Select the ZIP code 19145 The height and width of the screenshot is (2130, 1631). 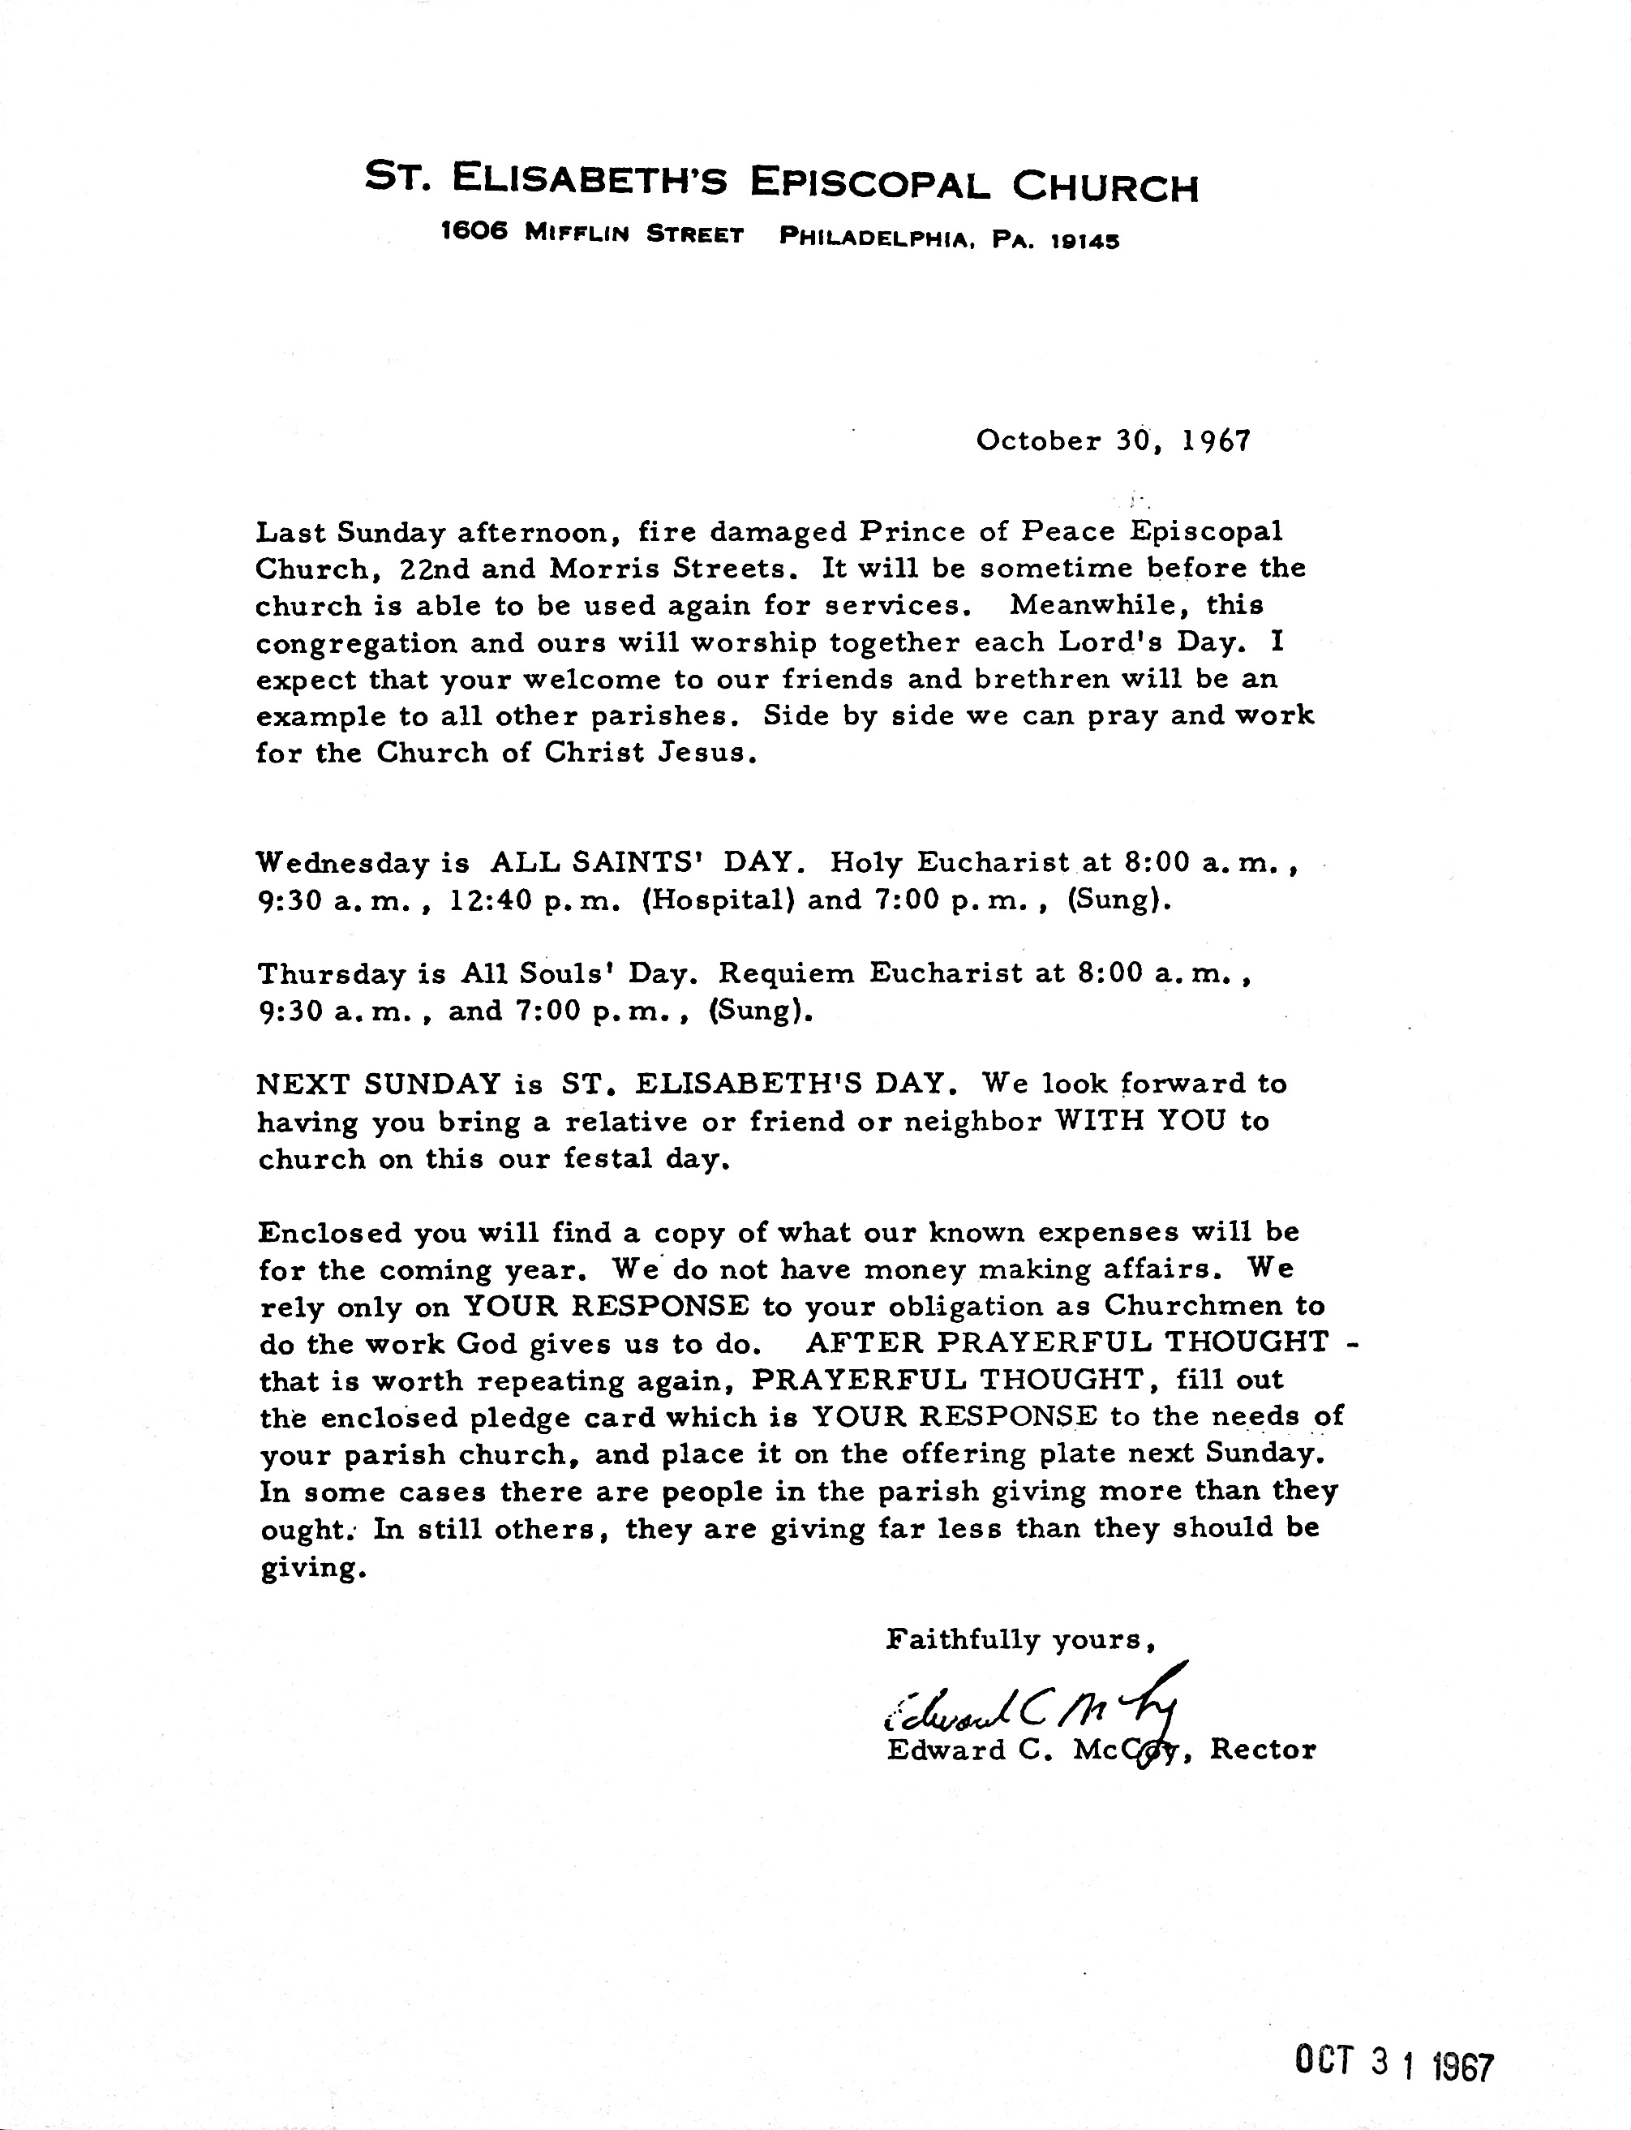tap(1085, 238)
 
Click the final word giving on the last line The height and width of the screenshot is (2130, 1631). tap(312, 1570)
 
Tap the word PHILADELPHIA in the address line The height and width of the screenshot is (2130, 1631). tap(876, 237)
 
